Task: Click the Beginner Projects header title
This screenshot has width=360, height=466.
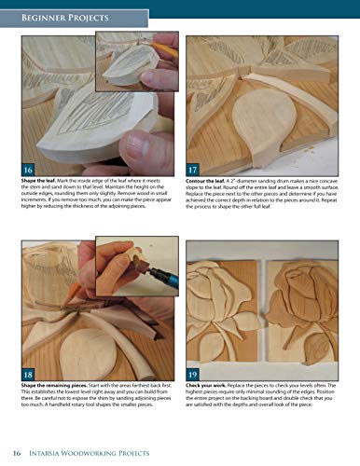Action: point(67,18)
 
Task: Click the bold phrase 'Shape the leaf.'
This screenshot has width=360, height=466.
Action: point(41,180)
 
